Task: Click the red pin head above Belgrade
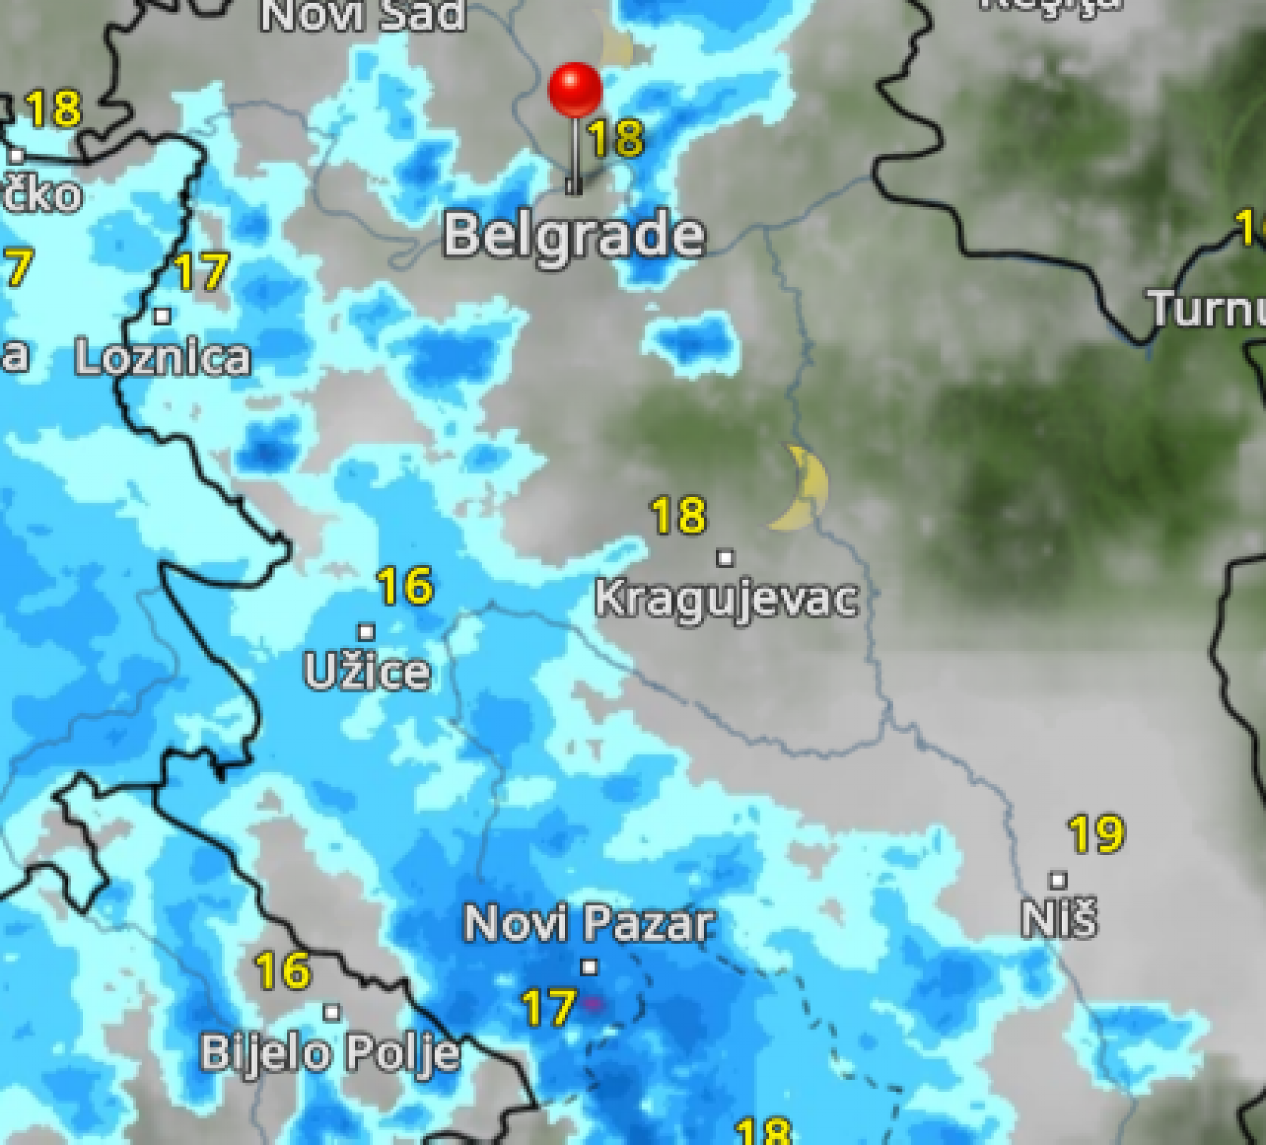coord(575,89)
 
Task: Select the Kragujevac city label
coord(726,598)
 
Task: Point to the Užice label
coord(367,671)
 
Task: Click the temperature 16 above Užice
coord(405,585)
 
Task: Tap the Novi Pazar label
coord(588,923)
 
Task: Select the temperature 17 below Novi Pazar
coord(548,1007)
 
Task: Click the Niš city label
coord(1059,918)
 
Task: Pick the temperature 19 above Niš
coord(1097,834)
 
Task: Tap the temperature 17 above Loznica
coord(201,271)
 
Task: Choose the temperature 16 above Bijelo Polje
coord(283,970)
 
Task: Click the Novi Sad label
coord(363,15)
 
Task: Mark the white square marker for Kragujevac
coord(725,558)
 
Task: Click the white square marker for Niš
coord(1059,880)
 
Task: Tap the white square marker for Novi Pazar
coord(588,966)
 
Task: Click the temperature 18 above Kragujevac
coord(678,515)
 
